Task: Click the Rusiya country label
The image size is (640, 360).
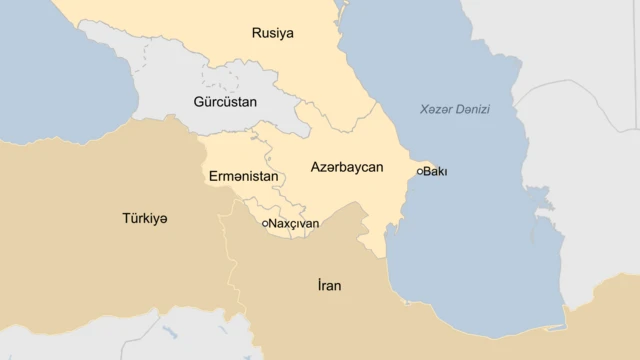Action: [272, 33]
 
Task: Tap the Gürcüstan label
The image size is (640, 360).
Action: [224, 102]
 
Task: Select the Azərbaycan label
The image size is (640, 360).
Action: [347, 167]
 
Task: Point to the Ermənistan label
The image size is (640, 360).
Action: [243, 176]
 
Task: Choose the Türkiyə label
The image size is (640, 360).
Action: [145, 218]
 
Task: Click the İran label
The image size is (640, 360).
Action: [329, 286]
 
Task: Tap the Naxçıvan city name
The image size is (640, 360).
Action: [294, 224]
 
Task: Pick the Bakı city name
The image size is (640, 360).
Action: [435, 172]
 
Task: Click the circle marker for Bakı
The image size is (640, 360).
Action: [419, 172]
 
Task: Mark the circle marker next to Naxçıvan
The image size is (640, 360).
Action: [264, 224]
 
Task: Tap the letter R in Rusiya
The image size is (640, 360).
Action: [256, 33]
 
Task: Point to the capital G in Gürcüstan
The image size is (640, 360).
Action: [198, 102]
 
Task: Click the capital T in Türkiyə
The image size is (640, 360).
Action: [126, 218]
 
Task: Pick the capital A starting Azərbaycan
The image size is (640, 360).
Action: [316, 167]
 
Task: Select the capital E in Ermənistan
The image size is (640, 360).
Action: [213, 176]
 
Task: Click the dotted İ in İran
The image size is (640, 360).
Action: [319, 285]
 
